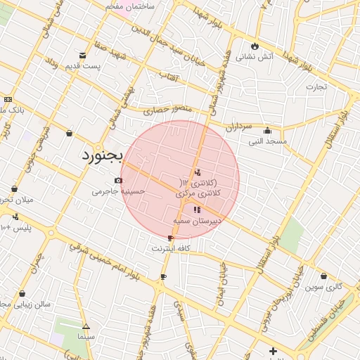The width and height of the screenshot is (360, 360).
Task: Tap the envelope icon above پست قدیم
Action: coord(83,55)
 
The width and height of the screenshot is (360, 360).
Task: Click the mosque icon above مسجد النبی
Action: coord(267,130)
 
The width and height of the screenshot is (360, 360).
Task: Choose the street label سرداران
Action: coord(238,127)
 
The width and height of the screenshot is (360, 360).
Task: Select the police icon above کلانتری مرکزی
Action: coord(197,172)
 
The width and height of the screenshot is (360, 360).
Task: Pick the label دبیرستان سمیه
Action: coord(198,220)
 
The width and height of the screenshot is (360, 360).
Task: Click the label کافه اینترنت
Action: coord(172,248)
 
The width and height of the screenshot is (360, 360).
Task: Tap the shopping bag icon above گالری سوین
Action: coord(323,276)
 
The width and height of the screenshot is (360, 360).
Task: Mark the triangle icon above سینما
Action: coord(86,326)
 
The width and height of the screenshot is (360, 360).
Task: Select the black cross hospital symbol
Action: coord(273,351)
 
